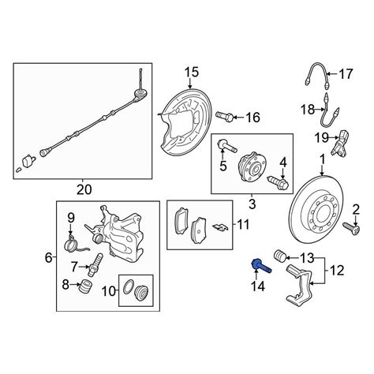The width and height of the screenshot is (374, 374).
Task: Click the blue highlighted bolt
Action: (x=261, y=266)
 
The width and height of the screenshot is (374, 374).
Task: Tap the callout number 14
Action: (x=258, y=286)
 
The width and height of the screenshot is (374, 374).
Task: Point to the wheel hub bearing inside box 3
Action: (x=252, y=166)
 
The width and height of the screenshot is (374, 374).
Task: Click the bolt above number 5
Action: (x=227, y=146)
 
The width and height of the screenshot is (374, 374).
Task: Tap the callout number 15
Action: (x=192, y=73)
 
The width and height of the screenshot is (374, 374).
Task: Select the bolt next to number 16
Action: (x=224, y=116)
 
